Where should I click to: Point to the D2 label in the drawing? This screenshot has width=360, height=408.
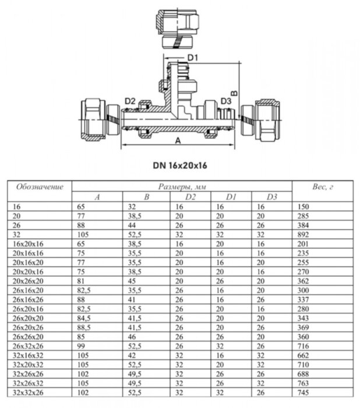tap(130, 101)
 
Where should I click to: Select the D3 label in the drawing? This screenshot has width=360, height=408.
tap(226, 101)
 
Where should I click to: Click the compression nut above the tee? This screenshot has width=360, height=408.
tap(180, 28)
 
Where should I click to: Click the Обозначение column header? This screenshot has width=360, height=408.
tap(39, 187)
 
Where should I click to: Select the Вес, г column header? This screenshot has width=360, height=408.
tap(323, 187)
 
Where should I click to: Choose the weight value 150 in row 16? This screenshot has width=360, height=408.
tap(303, 206)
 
